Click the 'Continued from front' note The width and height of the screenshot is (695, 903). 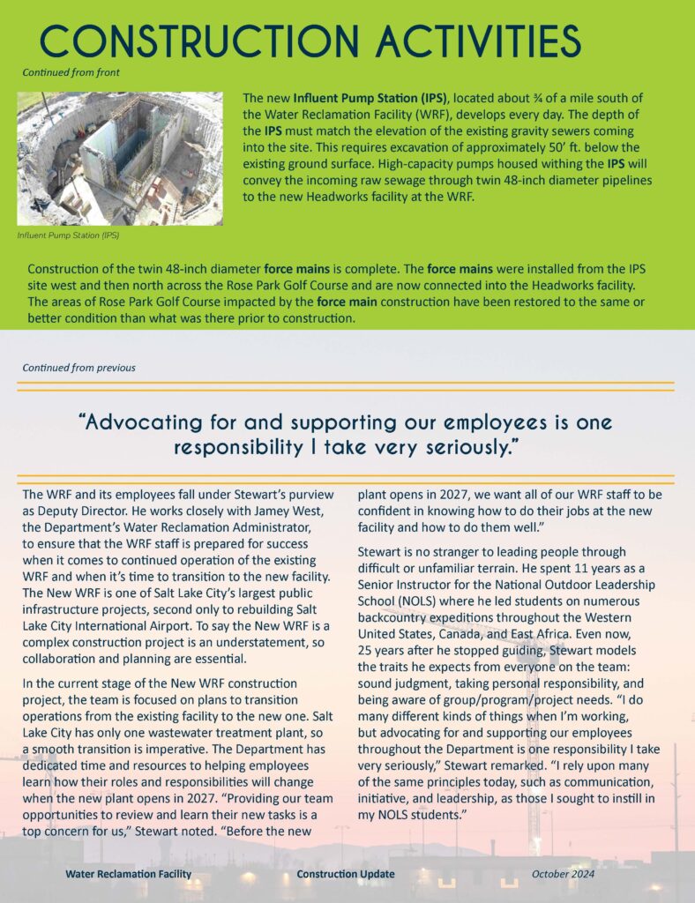tap(71, 72)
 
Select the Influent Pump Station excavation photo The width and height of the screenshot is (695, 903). tap(120, 159)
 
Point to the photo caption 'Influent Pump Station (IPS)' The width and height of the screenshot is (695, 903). tap(68, 235)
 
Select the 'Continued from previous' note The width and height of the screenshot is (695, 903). tap(79, 367)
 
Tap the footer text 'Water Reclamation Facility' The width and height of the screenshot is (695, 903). tap(128, 874)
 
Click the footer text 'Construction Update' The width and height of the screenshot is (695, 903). tap(346, 874)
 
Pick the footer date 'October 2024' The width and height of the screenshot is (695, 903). tap(563, 874)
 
